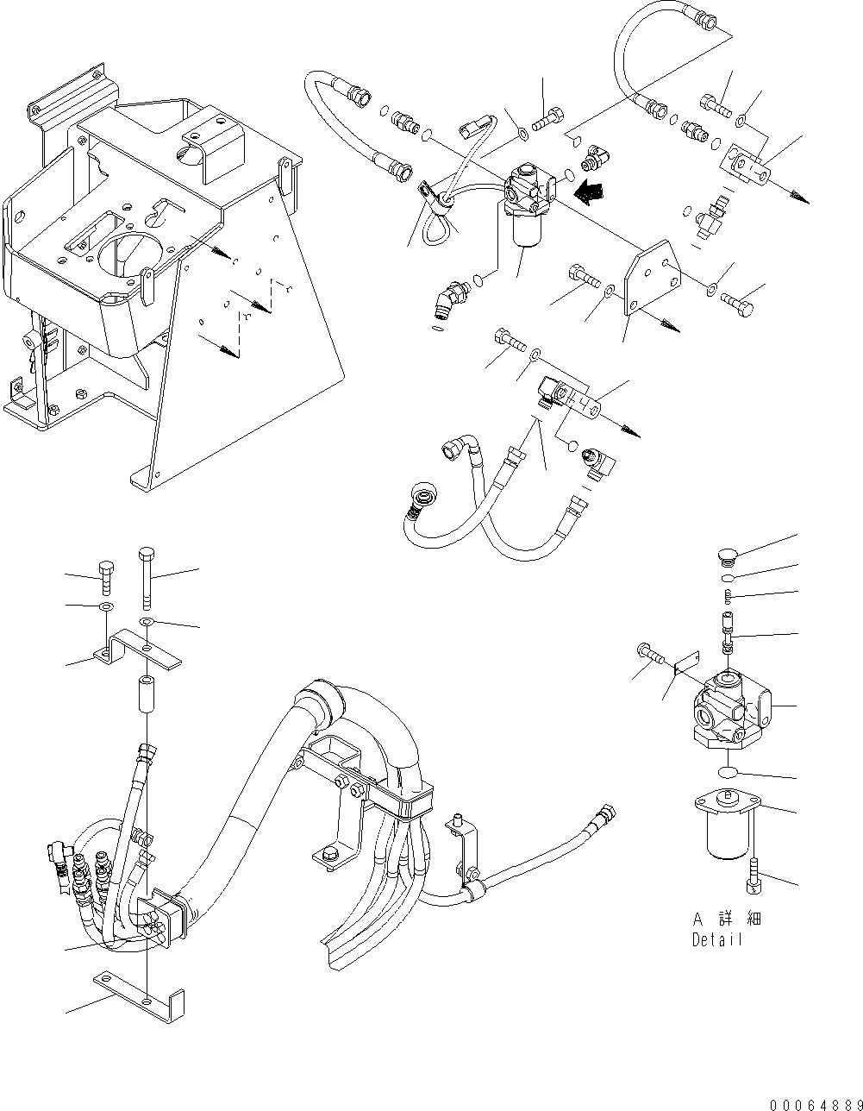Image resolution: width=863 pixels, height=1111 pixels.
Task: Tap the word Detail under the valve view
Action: pos(716,940)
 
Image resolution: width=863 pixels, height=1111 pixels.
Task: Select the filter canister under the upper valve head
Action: pos(522,230)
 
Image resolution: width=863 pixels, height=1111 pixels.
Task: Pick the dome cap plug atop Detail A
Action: pos(729,555)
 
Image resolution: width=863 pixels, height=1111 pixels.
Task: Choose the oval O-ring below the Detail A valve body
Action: pos(729,771)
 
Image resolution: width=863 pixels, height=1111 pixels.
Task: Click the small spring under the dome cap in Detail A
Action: pos(729,596)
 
